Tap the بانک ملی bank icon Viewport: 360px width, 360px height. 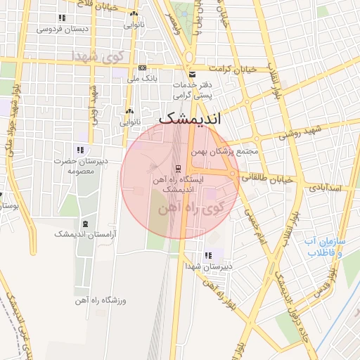[x=143, y=68]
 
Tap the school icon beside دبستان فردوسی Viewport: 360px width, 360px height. [x=62, y=18]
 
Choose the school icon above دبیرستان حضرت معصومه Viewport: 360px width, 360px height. [x=81, y=150]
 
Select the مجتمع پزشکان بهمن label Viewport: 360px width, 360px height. [x=224, y=151]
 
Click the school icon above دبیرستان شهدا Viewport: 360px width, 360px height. [x=207, y=256]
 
